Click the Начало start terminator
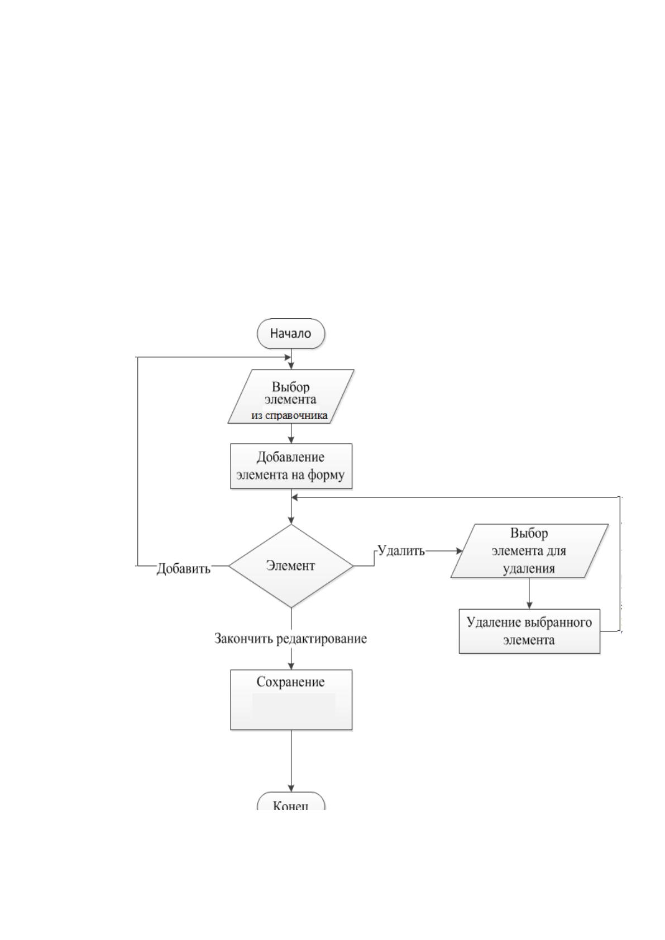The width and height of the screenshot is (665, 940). (291, 334)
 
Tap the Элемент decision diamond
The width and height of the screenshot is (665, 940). (291, 565)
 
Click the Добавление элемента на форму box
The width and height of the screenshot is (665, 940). (291, 466)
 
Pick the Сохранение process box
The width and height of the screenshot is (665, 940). (291, 699)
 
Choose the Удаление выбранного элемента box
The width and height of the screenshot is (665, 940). (529, 631)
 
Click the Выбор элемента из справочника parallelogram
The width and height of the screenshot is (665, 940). (291, 396)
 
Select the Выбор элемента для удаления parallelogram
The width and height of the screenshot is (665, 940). (529, 551)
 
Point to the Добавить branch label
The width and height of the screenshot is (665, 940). (184, 569)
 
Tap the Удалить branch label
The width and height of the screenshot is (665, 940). (401, 550)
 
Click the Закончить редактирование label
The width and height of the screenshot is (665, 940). (290, 639)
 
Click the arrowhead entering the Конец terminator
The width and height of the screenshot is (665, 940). (291, 788)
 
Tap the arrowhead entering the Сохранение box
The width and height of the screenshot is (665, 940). (291, 666)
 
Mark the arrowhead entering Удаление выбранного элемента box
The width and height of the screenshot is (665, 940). (529, 606)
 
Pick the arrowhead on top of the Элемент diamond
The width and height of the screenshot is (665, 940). (291, 520)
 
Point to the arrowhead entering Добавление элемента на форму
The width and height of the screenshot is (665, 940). (291, 440)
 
